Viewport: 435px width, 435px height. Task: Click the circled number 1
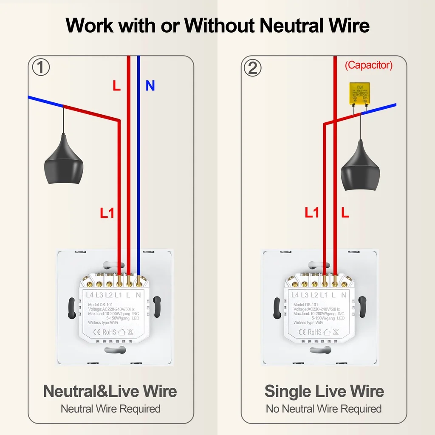click(x=41, y=68)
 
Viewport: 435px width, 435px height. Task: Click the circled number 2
click(x=252, y=68)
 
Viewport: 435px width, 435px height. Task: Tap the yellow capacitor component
click(x=359, y=93)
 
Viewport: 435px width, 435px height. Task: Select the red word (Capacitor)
click(x=368, y=65)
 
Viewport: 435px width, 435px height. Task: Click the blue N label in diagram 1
click(x=150, y=86)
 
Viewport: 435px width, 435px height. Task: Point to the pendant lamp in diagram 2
click(x=360, y=166)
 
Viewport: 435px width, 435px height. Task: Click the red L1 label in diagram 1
click(x=107, y=213)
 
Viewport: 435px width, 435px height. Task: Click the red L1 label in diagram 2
click(x=312, y=213)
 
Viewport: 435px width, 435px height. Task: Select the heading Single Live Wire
click(x=324, y=391)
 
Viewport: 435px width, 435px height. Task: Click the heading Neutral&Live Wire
click(x=110, y=391)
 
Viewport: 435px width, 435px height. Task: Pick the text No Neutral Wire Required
click(x=324, y=409)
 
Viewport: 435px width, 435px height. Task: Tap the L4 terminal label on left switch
click(x=90, y=295)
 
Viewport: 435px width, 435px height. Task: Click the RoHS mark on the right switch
click(x=314, y=332)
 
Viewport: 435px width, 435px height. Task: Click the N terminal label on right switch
click(x=344, y=295)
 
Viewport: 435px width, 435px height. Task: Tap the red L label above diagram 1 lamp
click(x=116, y=86)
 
